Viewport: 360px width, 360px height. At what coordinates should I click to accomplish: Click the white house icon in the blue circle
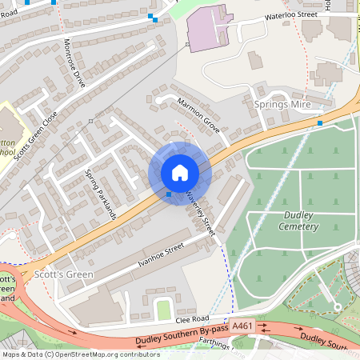180,173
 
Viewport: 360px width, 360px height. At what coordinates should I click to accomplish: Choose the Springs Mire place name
282,105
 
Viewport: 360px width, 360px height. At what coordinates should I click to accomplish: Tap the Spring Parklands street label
101,194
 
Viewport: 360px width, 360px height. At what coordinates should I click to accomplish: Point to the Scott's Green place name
64,274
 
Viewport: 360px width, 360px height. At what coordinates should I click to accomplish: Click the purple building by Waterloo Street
210,30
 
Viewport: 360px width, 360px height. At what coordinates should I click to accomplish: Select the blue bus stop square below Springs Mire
320,122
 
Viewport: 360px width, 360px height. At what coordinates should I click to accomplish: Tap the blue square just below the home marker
168,194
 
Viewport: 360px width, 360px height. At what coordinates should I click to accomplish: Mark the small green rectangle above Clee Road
163,309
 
